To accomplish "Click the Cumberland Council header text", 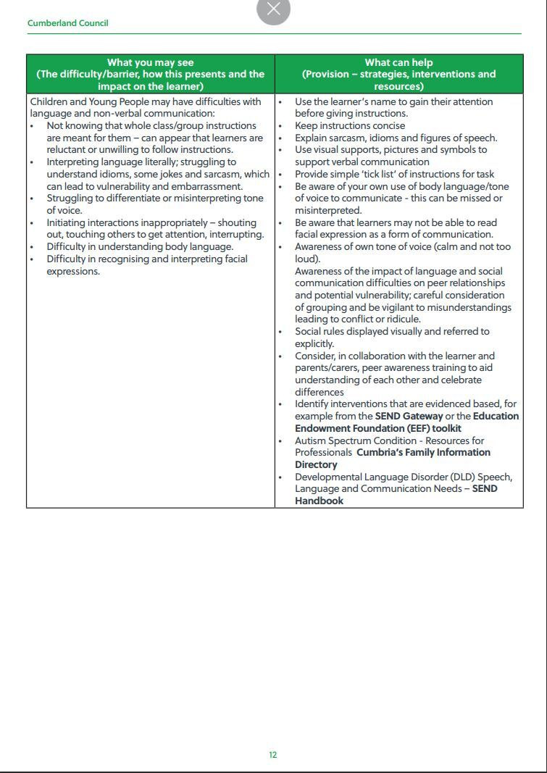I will [67, 23].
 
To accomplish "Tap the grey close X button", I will [273, 9].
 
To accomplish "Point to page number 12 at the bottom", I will [273, 755].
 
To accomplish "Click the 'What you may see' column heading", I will [151, 62].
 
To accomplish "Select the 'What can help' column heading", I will [398, 62].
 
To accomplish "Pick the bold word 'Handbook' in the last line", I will [319, 501].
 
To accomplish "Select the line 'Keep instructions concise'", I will [350, 126].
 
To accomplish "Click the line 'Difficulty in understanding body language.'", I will [140, 247].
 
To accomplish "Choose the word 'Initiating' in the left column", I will [69, 222].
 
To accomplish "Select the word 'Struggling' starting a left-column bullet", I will [70, 199].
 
